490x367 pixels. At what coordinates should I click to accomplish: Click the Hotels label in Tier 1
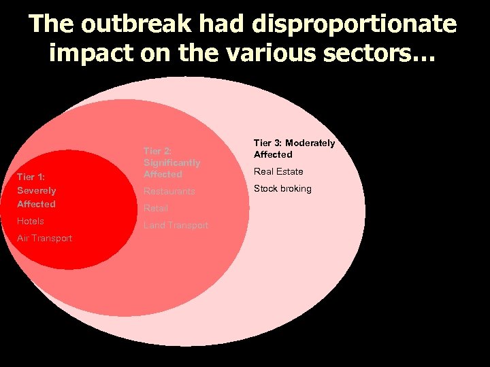31,221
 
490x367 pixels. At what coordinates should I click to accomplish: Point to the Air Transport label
45,238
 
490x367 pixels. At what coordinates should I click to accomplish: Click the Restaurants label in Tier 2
169,191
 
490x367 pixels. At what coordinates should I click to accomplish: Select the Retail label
156,208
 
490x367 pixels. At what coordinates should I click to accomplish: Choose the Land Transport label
176,225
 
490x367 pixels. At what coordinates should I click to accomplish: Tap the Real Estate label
278,171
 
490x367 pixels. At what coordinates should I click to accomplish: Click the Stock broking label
282,188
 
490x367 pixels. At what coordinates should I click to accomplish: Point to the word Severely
37,190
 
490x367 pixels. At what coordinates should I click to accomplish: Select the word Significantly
171,162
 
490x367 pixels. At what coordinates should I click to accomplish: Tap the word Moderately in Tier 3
310,143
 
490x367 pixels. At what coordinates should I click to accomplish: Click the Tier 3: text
268,143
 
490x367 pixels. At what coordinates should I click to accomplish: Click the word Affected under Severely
37,204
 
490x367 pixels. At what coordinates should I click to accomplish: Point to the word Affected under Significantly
163,174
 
